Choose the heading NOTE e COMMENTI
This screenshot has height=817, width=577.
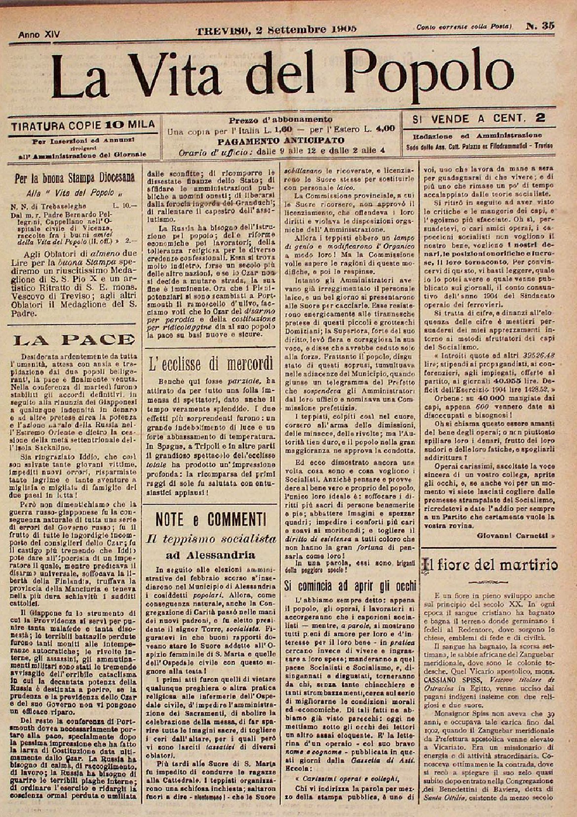tap(210, 519)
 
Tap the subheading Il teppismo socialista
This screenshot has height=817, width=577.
tap(210, 539)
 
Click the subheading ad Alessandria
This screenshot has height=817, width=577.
tap(210, 555)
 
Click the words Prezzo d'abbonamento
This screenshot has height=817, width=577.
tap(281, 120)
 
